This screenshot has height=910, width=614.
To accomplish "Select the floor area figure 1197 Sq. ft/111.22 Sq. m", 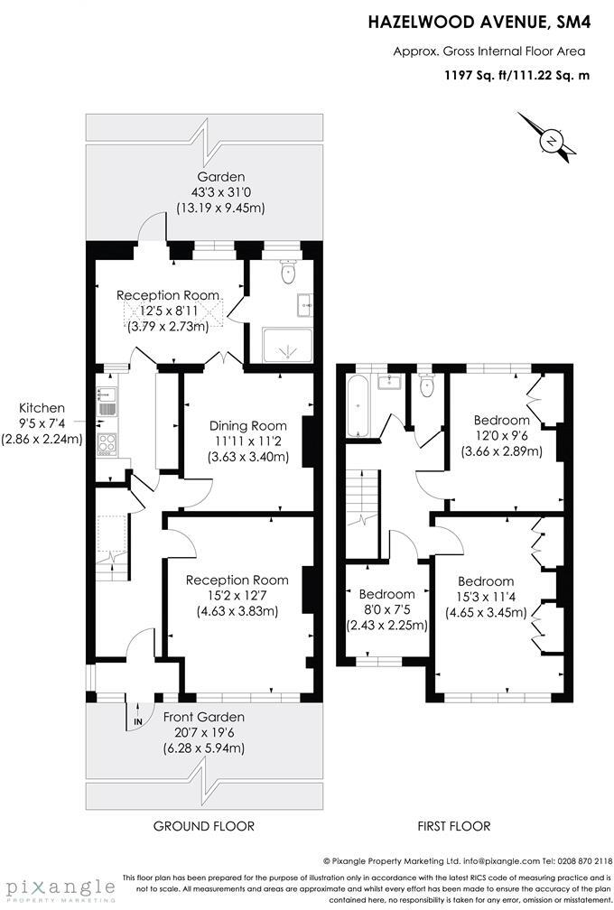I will [516, 75].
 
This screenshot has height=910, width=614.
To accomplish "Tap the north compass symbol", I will [550, 140].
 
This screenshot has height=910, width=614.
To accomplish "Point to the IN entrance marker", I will [137, 722].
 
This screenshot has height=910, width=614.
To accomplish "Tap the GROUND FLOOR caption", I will [203, 825].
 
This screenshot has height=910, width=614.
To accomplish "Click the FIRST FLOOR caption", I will [454, 825].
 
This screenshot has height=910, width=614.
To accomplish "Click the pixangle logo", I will [58, 886].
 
